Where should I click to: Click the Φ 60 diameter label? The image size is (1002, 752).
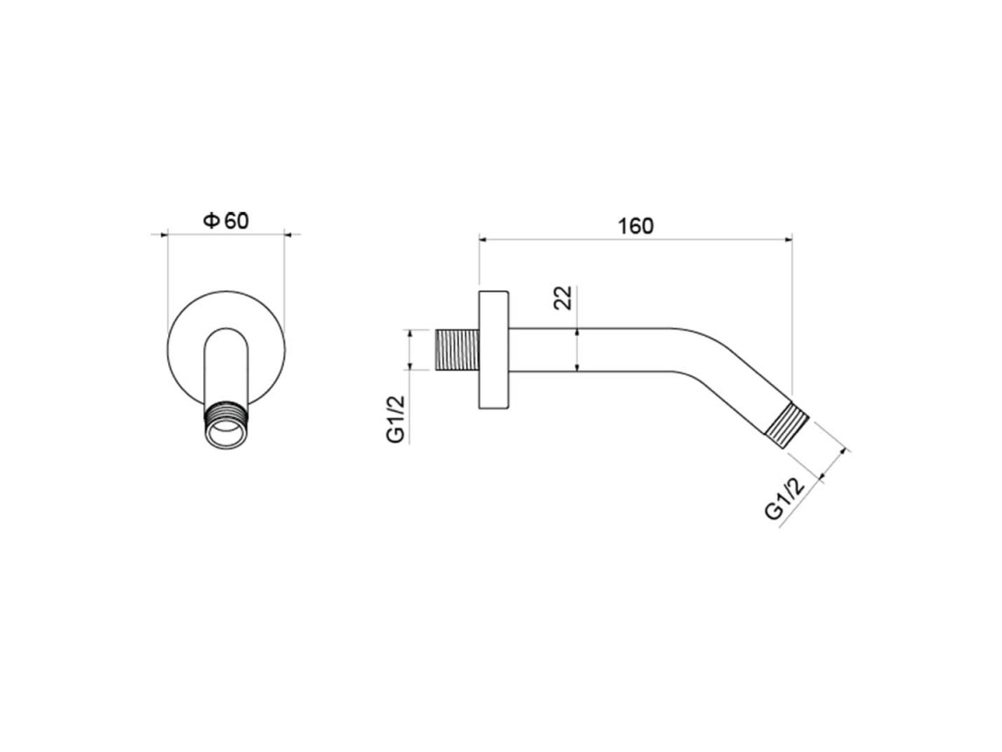coord(226,221)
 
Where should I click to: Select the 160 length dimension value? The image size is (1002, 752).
coord(636,226)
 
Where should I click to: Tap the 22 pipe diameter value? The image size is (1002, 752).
coord(563,298)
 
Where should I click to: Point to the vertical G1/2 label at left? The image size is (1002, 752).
coord(396,419)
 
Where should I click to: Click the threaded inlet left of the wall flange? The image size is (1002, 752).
coord(457,351)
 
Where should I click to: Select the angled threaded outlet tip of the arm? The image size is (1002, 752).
coord(788,425)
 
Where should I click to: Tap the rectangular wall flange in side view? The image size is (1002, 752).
coord(494,349)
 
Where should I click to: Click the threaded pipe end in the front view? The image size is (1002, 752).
coord(226,423)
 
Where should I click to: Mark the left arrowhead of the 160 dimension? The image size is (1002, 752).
coord(483,240)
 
